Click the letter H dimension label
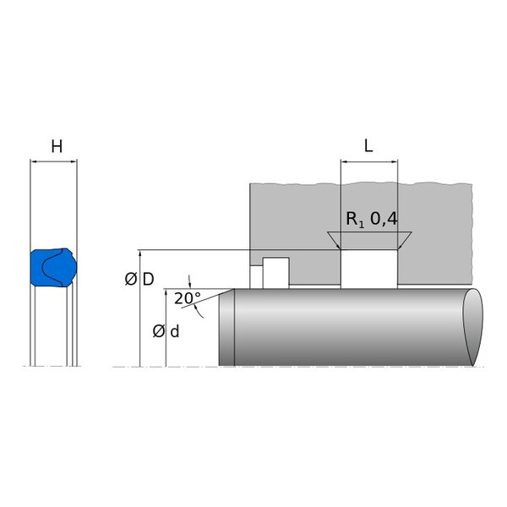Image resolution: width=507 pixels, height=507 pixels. pyautogui.click(x=57, y=146)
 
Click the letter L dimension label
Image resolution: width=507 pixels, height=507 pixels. pyautogui.click(x=368, y=146)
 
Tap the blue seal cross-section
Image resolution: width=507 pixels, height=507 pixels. pyautogui.click(x=54, y=267)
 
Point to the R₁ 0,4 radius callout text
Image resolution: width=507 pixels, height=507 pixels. pyautogui.click(x=372, y=219)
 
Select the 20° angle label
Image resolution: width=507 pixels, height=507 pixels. pyautogui.click(x=188, y=298)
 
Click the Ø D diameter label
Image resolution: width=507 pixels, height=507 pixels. pyautogui.click(x=139, y=280)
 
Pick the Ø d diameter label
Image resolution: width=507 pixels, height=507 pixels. pyautogui.click(x=166, y=331)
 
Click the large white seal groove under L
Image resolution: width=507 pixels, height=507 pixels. pyautogui.click(x=369, y=269)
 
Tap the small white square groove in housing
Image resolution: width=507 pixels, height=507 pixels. pyautogui.click(x=275, y=273)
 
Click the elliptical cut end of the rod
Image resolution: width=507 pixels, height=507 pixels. pyautogui.click(x=473, y=327)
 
